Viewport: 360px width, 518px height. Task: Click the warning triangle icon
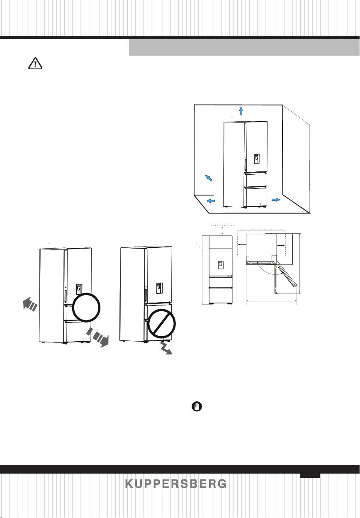(35, 64)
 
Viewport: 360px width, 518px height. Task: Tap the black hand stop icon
(197, 406)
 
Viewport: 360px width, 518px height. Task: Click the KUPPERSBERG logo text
(176, 484)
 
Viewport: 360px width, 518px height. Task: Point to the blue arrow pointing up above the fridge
(241, 110)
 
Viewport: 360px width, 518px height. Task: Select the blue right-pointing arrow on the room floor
(276, 200)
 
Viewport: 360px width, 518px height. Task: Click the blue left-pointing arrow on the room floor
(211, 201)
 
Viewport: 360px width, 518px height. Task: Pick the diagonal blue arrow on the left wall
(209, 178)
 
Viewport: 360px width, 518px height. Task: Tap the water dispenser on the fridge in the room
(257, 159)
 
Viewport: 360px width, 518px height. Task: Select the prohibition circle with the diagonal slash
(162, 323)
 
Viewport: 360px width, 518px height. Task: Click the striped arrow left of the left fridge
(30, 304)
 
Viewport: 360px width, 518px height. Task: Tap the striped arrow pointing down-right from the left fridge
(98, 337)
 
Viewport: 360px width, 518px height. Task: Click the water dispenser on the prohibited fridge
(159, 288)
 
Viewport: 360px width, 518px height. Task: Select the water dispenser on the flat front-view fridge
(221, 265)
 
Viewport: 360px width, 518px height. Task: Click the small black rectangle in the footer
(310, 475)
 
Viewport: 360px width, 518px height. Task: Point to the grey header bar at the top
(244, 47)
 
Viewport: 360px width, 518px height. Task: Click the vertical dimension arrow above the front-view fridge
(222, 230)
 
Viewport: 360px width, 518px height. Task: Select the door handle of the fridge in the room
(245, 164)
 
